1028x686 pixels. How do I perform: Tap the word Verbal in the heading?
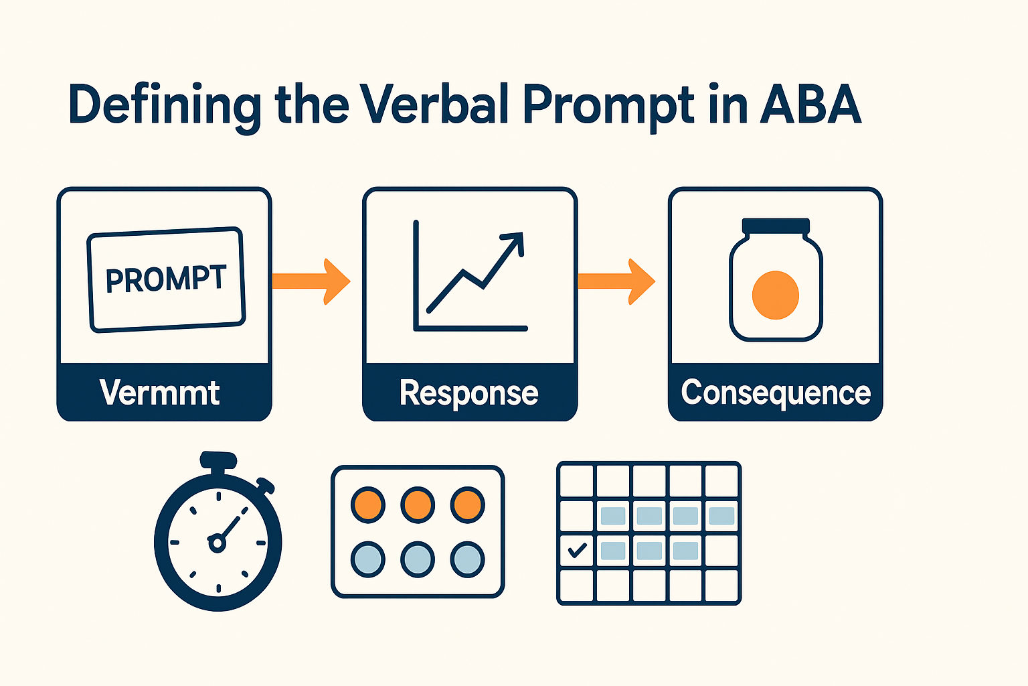[x=435, y=105]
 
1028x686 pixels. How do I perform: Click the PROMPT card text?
[x=167, y=279]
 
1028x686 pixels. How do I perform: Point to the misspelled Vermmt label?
[x=160, y=393]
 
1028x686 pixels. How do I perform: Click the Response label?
[x=468, y=393]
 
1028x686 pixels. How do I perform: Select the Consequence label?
[x=776, y=393]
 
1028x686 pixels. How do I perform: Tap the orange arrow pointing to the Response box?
[x=312, y=281]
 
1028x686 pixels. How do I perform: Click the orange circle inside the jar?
[x=776, y=295]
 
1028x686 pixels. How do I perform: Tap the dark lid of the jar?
[x=776, y=226]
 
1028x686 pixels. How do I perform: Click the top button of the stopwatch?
[x=218, y=460]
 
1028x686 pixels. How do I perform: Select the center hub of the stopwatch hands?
[x=217, y=542]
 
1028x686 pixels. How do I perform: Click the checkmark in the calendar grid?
[x=576, y=551]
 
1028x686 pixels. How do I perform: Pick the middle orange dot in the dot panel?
[x=418, y=504]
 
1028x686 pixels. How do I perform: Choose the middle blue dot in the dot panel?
[x=418, y=559]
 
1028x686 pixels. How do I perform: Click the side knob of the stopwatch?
[x=266, y=485]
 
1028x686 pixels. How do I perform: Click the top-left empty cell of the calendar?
[x=576, y=481]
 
